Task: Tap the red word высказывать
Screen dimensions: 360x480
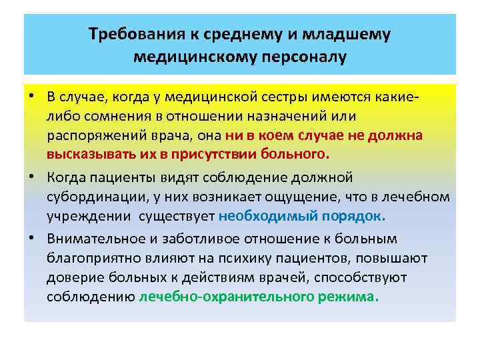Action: (87, 154)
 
